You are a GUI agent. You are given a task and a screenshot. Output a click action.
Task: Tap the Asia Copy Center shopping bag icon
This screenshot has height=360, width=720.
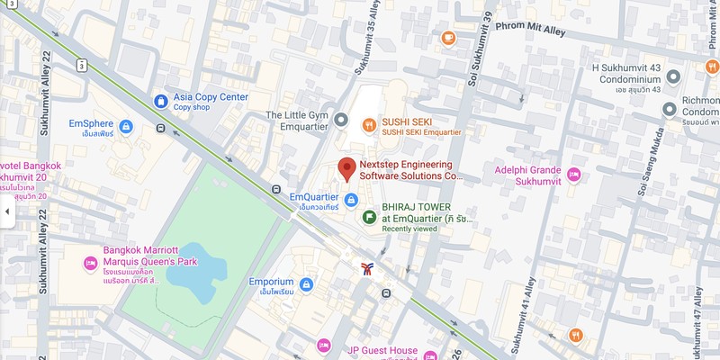coord(160,101)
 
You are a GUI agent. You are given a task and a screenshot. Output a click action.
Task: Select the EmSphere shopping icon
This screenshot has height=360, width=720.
coord(126,126)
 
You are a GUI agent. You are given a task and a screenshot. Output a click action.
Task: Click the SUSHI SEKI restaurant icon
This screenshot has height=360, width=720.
coord(368,125)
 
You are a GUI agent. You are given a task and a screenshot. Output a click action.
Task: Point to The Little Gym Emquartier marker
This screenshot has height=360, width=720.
coord(340,120)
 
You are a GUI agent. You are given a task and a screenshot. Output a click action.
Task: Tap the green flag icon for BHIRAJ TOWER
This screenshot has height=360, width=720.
coord(368,217)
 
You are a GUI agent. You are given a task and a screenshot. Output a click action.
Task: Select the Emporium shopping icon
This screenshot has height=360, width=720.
coord(307,284)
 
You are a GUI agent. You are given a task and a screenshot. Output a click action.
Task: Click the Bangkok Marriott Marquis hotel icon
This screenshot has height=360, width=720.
coord(89,263)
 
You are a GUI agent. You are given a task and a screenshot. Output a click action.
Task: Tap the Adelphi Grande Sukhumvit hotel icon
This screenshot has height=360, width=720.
coord(576,172)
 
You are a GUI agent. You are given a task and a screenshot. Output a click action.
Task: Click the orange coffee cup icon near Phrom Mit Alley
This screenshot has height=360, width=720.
coord(448,38)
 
